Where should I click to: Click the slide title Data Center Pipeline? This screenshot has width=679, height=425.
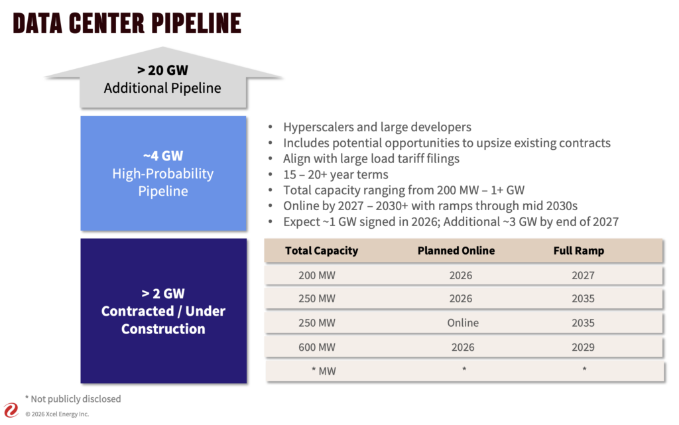pos(127,24)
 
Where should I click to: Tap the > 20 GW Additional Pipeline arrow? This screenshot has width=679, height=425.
pos(162,80)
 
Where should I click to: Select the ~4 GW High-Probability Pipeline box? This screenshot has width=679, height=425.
pos(162,174)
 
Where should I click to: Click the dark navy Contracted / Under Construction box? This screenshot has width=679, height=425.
pos(162,311)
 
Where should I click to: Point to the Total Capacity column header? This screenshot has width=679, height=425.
pos(321,251)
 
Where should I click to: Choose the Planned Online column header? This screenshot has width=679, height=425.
pos(456,251)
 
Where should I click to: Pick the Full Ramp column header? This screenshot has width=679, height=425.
pos(579,251)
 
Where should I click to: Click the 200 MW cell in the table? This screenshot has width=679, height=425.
pos(317,275)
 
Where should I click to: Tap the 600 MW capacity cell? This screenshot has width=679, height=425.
pos(317,347)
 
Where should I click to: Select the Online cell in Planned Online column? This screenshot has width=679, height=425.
pos(462,323)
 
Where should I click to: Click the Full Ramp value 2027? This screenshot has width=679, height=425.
pos(583,275)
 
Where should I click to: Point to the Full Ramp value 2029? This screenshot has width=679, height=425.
pos(583,347)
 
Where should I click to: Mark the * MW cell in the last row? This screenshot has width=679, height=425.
pos(323,371)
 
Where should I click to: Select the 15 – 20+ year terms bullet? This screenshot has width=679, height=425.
pos(336,174)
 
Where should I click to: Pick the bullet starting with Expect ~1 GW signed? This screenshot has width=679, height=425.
pos(450,221)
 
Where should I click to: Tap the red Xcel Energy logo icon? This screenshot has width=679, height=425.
pos(11,410)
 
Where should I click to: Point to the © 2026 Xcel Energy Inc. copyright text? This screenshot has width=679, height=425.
pos(57,414)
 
